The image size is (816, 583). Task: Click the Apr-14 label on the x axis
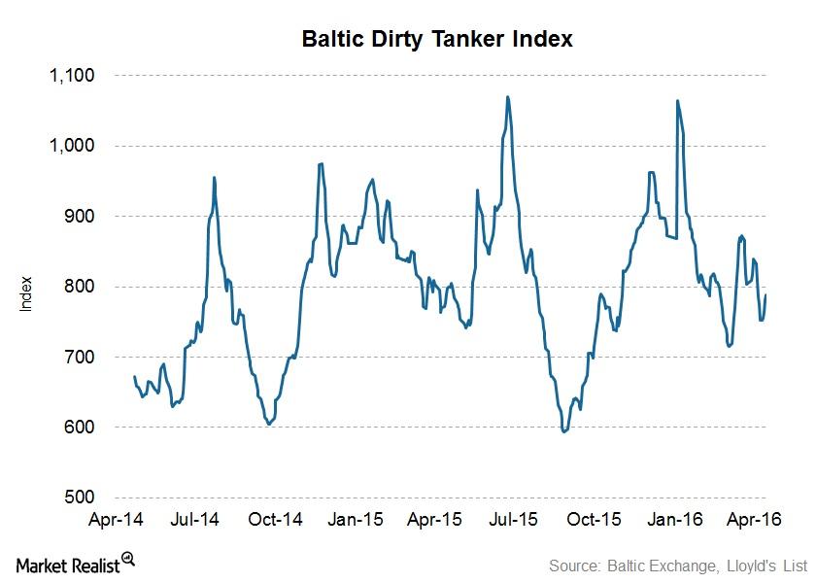[118, 519]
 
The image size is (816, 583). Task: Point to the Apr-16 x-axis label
[756, 519]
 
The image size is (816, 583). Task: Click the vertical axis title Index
[27, 294]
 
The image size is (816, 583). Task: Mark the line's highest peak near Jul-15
[508, 97]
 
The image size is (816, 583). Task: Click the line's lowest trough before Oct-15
[564, 431]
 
